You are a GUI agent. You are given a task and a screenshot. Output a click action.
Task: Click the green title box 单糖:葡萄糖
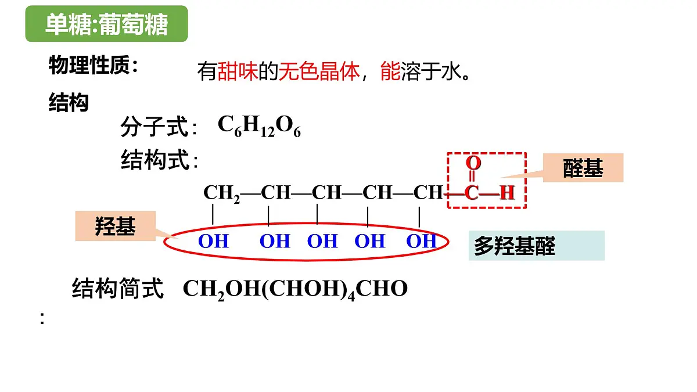pyautogui.click(x=106, y=24)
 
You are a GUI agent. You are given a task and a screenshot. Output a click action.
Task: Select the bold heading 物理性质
pyautogui.click(x=89, y=65)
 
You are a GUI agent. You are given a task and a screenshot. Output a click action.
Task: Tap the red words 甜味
pyautogui.click(x=238, y=71)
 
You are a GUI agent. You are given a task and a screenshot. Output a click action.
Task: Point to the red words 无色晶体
pyautogui.click(x=319, y=71)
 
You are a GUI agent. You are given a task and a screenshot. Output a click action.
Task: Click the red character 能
pyautogui.click(x=390, y=71)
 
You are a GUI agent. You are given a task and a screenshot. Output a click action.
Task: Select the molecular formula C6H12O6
pyautogui.click(x=259, y=125)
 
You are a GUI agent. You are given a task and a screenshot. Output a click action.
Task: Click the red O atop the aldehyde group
pyautogui.click(x=473, y=163)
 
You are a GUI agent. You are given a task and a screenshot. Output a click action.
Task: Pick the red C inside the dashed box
pyautogui.click(x=471, y=193)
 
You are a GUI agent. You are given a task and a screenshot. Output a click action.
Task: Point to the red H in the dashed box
pyautogui.click(x=507, y=193)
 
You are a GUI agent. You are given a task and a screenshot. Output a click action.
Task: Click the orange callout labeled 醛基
pyautogui.click(x=583, y=168)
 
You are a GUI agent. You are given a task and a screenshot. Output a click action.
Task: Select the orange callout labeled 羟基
pyautogui.click(x=116, y=226)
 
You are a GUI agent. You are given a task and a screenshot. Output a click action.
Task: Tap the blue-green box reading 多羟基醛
pyautogui.click(x=537, y=246)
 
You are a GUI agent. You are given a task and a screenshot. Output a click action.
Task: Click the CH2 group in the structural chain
pyautogui.click(x=221, y=193)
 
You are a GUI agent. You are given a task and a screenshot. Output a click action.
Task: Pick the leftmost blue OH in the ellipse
pyautogui.click(x=214, y=241)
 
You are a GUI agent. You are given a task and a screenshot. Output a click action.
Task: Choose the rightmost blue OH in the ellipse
pyautogui.click(x=422, y=241)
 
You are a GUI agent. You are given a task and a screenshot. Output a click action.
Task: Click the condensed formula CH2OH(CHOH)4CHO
pyautogui.click(x=295, y=289)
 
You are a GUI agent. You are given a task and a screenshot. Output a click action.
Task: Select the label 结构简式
pyautogui.click(x=117, y=289)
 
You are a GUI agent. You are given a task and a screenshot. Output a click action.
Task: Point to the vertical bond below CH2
pyautogui.click(x=213, y=214)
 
